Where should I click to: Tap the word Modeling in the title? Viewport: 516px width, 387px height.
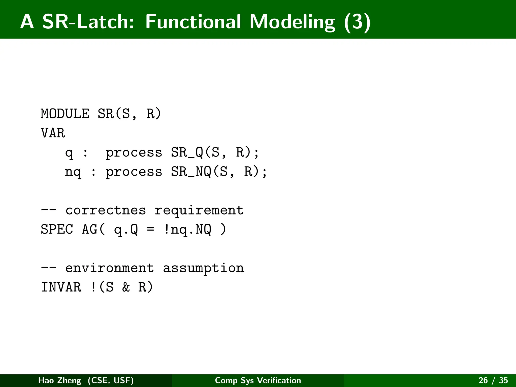pos(292,22)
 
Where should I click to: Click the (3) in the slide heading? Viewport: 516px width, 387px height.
pos(357,22)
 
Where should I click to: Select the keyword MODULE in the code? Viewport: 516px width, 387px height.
pos(65,114)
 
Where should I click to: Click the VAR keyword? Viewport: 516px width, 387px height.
pos(53,133)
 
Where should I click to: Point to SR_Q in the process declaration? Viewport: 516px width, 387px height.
pos(187,152)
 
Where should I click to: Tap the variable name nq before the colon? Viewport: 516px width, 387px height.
pos(73,172)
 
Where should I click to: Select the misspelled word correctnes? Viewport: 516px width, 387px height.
pos(106,210)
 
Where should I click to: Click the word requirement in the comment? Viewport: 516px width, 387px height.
pos(199,211)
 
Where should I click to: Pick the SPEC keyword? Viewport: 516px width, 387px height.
pos(57,230)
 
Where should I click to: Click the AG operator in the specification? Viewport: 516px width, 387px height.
pos(89,230)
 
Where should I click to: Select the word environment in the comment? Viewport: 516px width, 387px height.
pos(109,268)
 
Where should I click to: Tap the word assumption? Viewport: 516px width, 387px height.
pos(203,268)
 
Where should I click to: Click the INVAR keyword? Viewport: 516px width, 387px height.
pos(61,287)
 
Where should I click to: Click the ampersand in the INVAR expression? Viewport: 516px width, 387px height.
pos(126,287)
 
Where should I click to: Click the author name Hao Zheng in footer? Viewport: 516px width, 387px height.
pos(60,380)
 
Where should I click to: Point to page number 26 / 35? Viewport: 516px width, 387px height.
pos(493,380)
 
